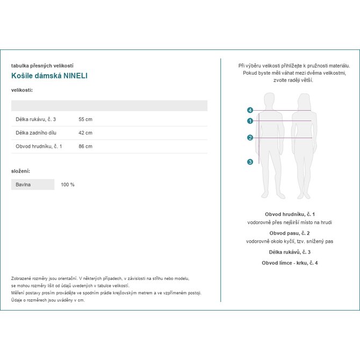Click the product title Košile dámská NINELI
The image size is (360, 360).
(x=49, y=76)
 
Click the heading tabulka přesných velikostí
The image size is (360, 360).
(x=42, y=66)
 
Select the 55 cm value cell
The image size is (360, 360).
(x=85, y=119)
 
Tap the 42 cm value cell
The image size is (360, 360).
(x=85, y=133)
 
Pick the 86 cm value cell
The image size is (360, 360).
(x=85, y=146)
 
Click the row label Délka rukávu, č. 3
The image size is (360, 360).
(x=35, y=119)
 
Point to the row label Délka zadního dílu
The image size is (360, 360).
(x=37, y=133)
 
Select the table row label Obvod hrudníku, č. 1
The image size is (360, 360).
(x=39, y=146)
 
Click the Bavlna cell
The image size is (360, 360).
(x=23, y=184)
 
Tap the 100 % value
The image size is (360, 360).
(x=68, y=184)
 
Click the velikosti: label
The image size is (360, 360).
(x=22, y=90)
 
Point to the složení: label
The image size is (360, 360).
(x=20, y=171)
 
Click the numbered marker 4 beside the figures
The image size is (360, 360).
(x=250, y=110)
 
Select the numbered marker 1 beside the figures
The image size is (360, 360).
(x=250, y=121)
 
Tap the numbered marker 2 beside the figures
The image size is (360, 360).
(x=250, y=138)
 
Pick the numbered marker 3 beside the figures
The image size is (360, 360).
(x=250, y=162)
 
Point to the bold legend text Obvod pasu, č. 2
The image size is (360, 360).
(x=290, y=233)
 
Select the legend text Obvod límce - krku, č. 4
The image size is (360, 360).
(x=290, y=263)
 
